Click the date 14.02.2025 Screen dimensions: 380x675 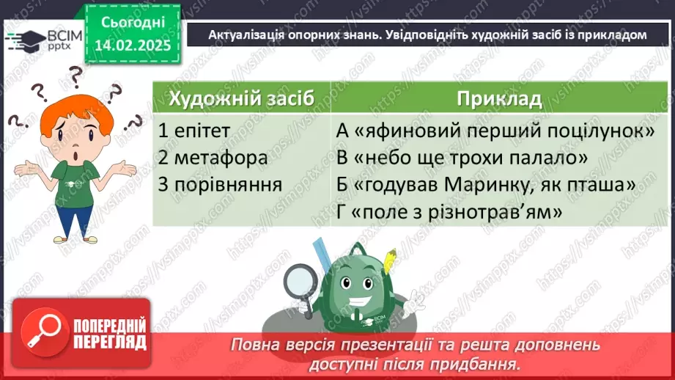[132, 45]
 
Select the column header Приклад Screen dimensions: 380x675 [499, 98]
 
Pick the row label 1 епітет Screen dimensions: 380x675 [194, 131]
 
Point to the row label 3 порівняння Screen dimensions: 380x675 [220, 185]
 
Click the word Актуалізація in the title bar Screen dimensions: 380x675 [242, 34]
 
